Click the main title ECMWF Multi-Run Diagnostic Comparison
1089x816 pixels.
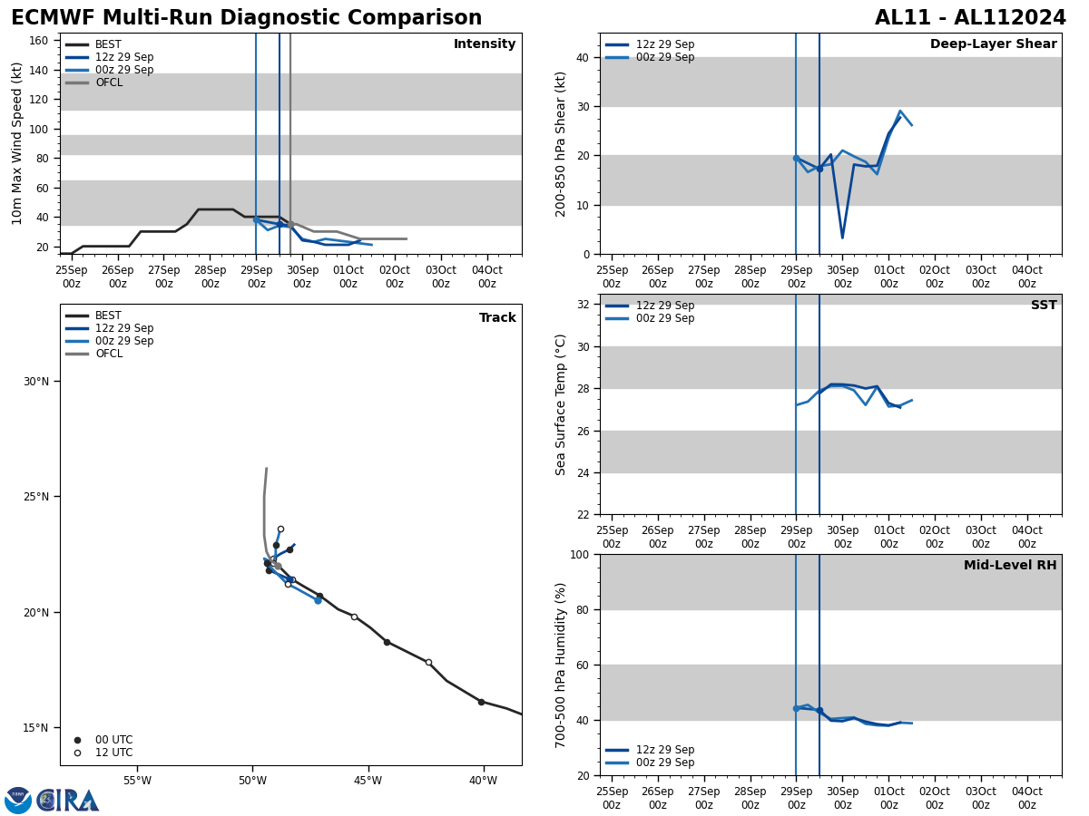[246, 18]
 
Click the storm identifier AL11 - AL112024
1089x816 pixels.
[970, 18]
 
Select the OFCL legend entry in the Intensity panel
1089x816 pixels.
[108, 83]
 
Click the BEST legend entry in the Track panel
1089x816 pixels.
[108, 316]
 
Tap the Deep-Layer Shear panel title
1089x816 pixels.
[993, 44]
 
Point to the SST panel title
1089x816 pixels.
[1043, 306]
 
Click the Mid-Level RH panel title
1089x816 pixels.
[1009, 566]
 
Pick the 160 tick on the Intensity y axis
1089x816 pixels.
[39, 41]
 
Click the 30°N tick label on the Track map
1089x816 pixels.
[37, 381]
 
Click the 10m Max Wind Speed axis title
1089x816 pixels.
[17, 143]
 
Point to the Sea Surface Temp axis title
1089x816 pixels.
[561, 404]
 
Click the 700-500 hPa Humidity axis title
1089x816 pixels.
[561, 665]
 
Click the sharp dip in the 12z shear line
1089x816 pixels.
[842, 238]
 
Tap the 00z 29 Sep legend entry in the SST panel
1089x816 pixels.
[664, 318]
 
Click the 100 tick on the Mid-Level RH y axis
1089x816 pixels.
[578, 555]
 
